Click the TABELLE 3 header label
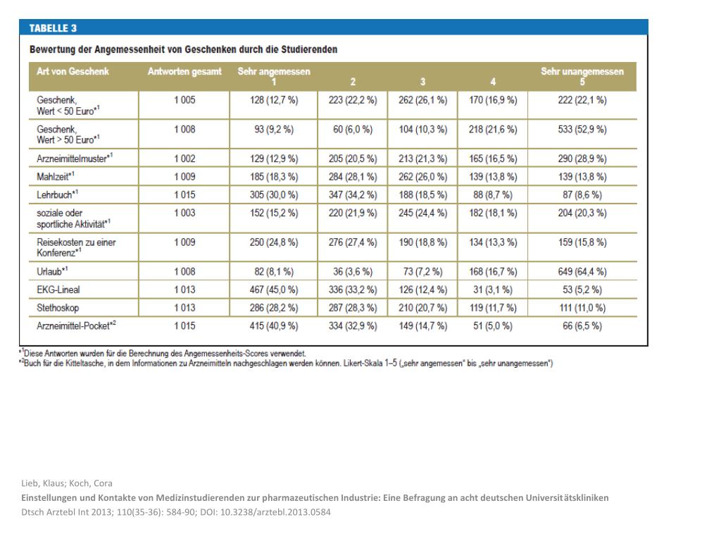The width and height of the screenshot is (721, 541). coord(53,29)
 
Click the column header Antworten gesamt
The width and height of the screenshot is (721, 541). coord(184,72)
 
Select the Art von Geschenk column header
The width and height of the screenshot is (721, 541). coord(73,72)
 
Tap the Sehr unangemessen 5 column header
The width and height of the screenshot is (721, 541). coord(582,76)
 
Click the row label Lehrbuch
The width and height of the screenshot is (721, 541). coord(57,194)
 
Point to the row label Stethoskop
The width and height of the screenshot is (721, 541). coord(59,308)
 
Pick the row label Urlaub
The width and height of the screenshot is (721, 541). coord(52,271)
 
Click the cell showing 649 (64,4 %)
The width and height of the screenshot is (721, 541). coord(582,271)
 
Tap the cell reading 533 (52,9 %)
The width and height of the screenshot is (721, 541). coord(582,130)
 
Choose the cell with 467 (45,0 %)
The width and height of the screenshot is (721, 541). coord(274,290)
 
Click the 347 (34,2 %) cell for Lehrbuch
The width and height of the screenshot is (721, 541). coord(353,194)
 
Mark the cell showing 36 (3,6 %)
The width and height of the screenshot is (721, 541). coord(353,271)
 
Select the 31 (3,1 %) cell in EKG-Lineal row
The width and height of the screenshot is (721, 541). coord(493,290)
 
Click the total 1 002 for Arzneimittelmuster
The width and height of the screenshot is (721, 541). coord(184,158)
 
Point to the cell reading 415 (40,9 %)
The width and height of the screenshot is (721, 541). coord(274,325)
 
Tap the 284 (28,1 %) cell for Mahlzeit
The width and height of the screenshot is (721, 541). coord(353,176)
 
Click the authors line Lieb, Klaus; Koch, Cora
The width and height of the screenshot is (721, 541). coord(67,483)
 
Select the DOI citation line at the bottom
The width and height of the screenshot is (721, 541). coord(176,512)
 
